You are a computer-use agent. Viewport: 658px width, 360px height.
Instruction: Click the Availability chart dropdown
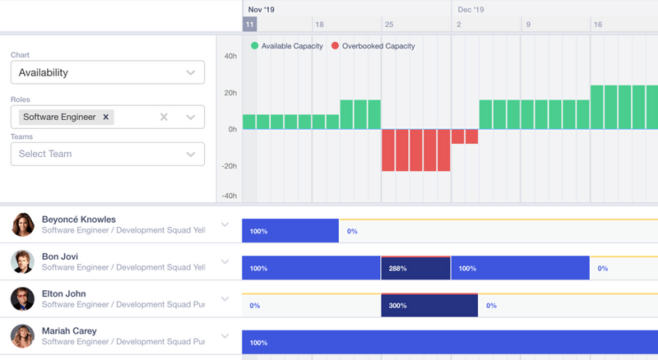pyautogui.click(x=107, y=72)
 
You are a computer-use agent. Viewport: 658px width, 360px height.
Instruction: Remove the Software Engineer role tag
pyautogui.click(x=105, y=118)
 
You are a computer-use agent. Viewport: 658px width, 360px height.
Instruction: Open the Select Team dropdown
pyautogui.click(x=107, y=154)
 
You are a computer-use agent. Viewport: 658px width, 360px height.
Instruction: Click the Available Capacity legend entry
pyautogui.click(x=287, y=46)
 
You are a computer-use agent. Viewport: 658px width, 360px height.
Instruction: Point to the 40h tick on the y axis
pyautogui.click(x=230, y=57)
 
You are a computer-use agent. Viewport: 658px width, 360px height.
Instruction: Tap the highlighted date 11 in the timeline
pyautogui.click(x=249, y=25)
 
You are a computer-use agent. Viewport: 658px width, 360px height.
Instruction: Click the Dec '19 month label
pyautogui.click(x=470, y=10)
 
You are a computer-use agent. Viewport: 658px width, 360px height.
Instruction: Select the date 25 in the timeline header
pyautogui.click(x=389, y=25)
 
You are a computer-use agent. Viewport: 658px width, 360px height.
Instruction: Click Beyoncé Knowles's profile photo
pyautogui.click(x=23, y=224)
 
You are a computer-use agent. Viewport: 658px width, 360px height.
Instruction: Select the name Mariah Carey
pyautogui.click(x=69, y=331)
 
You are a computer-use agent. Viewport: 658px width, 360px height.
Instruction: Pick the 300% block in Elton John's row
pyautogui.click(x=429, y=306)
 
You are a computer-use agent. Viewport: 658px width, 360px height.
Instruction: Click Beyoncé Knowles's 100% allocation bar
pyautogui.click(x=290, y=231)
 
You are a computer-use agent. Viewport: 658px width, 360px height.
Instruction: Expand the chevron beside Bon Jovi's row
pyautogui.click(x=225, y=262)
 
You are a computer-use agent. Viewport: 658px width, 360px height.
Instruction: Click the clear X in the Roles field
pyautogui.click(x=164, y=118)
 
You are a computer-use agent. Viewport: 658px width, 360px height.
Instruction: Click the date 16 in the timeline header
pyautogui.click(x=598, y=25)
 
